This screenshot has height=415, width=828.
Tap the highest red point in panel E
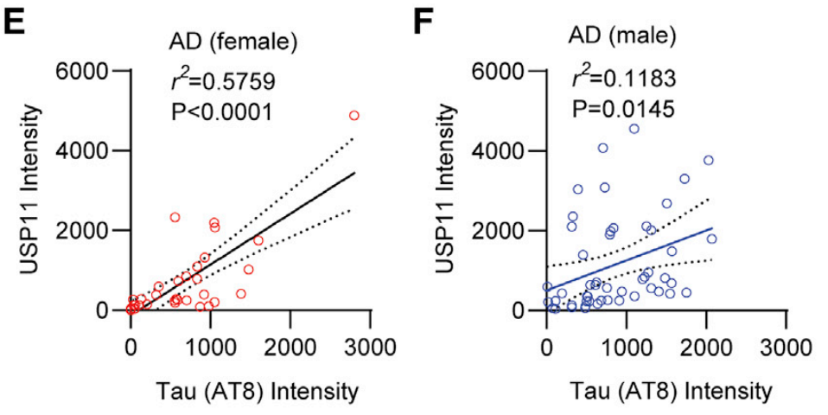353,115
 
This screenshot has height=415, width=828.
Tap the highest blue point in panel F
634,129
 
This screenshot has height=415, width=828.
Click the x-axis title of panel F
665,391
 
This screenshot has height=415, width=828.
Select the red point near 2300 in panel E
175,217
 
